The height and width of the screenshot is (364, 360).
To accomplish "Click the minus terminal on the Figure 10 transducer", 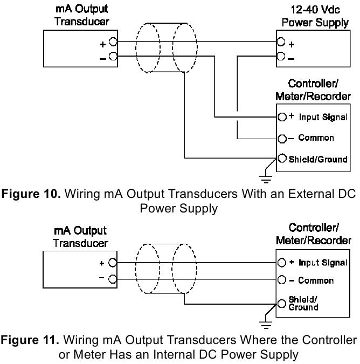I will coord(113,56).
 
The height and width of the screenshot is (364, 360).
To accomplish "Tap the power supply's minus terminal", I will coord(280,56).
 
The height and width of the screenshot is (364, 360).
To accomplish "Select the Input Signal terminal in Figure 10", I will coord(281,117).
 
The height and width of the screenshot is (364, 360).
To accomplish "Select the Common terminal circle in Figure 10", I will coord(281,138).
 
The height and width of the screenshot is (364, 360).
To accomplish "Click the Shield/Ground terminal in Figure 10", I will coord(281,159).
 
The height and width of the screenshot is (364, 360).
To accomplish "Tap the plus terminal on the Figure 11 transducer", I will coord(113,263).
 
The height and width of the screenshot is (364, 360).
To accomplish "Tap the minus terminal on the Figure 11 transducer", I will coord(113,279).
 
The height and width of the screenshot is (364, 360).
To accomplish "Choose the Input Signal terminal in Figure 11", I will coord(281,263).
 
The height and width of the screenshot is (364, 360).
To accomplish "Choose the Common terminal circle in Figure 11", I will coord(281,280).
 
